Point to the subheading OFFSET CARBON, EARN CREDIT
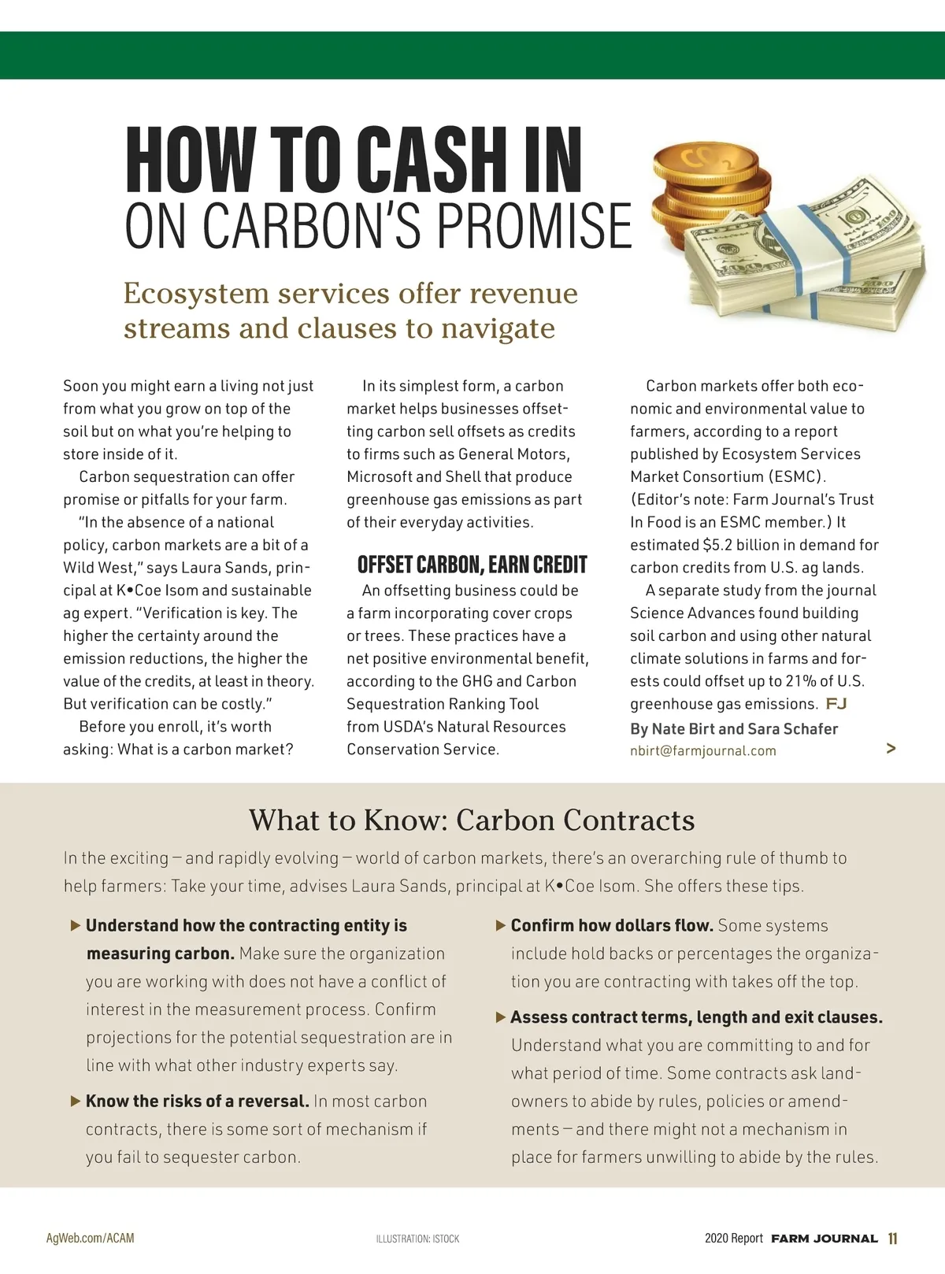point(472,565)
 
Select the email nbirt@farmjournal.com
point(702,751)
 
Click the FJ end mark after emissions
point(836,703)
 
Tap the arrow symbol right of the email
point(891,748)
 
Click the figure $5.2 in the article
point(717,545)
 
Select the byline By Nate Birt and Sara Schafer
point(733,729)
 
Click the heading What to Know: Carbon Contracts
point(472,820)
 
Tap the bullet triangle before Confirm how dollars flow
point(501,926)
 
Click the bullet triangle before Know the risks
point(76,1102)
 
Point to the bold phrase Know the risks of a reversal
point(197,1102)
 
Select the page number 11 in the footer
point(892,1239)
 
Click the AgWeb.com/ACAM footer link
point(90,1239)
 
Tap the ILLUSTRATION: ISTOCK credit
point(417,1239)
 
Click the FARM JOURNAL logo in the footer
point(824,1239)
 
